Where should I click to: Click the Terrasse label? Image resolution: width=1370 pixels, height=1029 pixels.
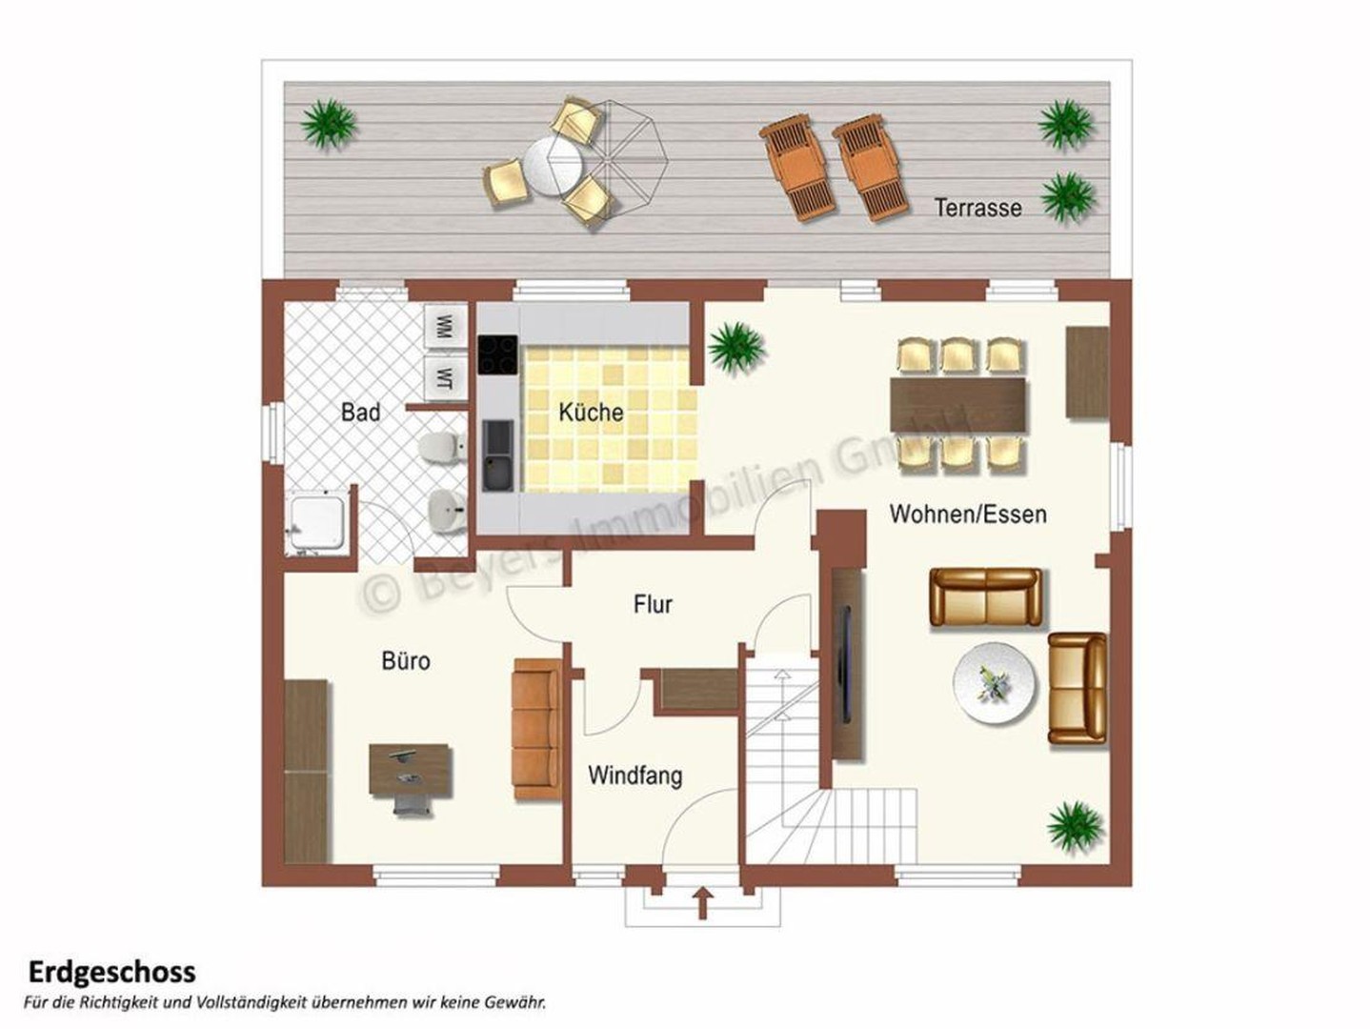(977, 208)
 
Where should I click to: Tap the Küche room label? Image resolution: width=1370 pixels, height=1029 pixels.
(591, 413)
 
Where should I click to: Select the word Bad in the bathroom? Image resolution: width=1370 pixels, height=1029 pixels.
(360, 412)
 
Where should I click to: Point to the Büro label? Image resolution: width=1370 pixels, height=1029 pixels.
(406, 661)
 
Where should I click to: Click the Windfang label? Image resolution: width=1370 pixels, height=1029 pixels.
(635, 776)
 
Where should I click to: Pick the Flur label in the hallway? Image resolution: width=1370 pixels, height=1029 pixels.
(653, 604)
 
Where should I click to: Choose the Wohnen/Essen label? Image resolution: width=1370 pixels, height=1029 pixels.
(968, 514)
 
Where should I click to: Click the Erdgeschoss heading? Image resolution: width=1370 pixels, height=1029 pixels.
(112, 972)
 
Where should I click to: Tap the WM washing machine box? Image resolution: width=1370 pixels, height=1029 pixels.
(445, 326)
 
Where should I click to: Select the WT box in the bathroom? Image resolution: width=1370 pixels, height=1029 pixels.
(445, 378)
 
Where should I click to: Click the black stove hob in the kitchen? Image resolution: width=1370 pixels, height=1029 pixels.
(497, 354)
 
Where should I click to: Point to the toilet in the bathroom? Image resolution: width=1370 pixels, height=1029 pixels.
(442, 447)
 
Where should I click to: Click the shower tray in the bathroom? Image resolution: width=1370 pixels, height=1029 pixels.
(317, 522)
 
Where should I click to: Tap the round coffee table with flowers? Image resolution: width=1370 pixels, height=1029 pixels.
(995, 682)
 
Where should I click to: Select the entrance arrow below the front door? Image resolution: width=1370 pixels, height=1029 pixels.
(702, 903)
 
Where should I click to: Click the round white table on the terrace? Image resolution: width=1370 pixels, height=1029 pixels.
(553, 167)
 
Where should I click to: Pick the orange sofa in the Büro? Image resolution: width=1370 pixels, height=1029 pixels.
(535, 729)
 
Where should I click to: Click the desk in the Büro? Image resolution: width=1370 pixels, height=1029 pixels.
(410, 770)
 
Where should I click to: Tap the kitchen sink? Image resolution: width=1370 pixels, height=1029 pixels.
(498, 455)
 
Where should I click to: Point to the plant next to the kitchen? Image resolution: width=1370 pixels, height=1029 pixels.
(736, 347)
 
